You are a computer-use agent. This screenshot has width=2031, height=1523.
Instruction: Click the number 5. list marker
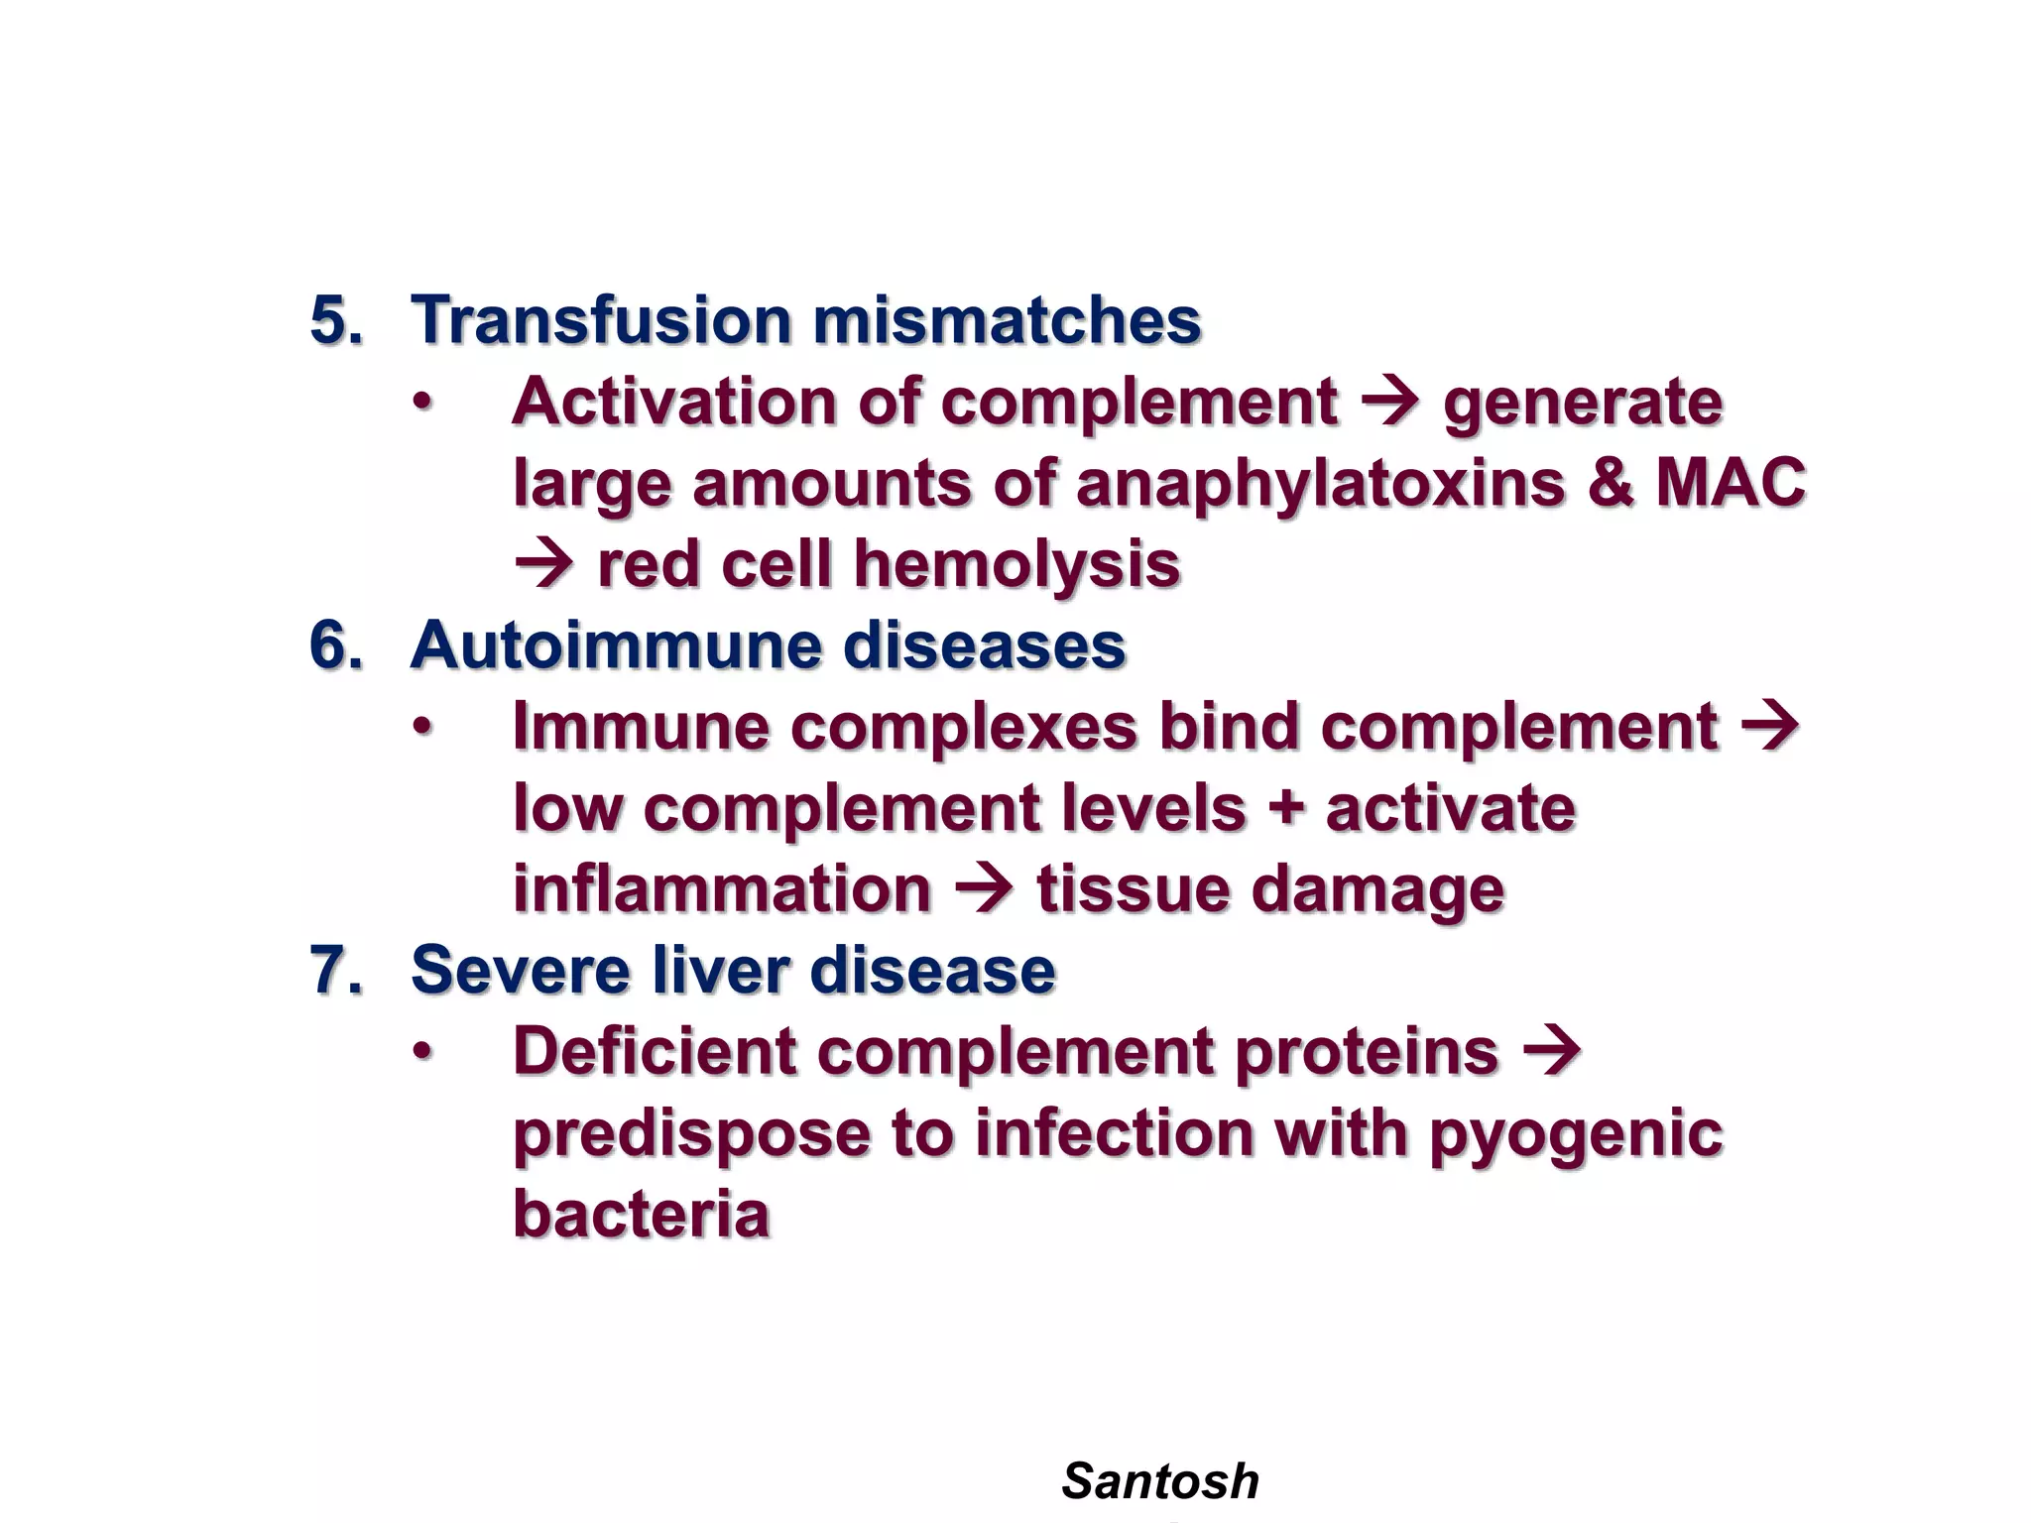[336, 320]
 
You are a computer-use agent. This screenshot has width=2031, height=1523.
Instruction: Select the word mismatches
[1007, 320]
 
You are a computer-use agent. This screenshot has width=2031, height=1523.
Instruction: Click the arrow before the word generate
[1390, 402]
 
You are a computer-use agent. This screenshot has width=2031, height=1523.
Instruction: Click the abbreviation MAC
[1731, 483]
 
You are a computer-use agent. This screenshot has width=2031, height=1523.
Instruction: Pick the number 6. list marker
[336, 645]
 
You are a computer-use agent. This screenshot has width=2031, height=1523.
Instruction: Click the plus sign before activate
[1286, 808]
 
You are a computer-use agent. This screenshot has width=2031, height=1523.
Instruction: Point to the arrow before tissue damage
[984, 888]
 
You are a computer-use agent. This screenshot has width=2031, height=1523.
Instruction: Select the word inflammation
[722, 888]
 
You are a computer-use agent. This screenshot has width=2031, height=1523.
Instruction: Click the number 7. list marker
[336, 970]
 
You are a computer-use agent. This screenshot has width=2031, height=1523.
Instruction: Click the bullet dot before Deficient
[423, 1052]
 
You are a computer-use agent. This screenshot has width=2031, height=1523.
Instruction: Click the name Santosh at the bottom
[1159, 1481]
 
